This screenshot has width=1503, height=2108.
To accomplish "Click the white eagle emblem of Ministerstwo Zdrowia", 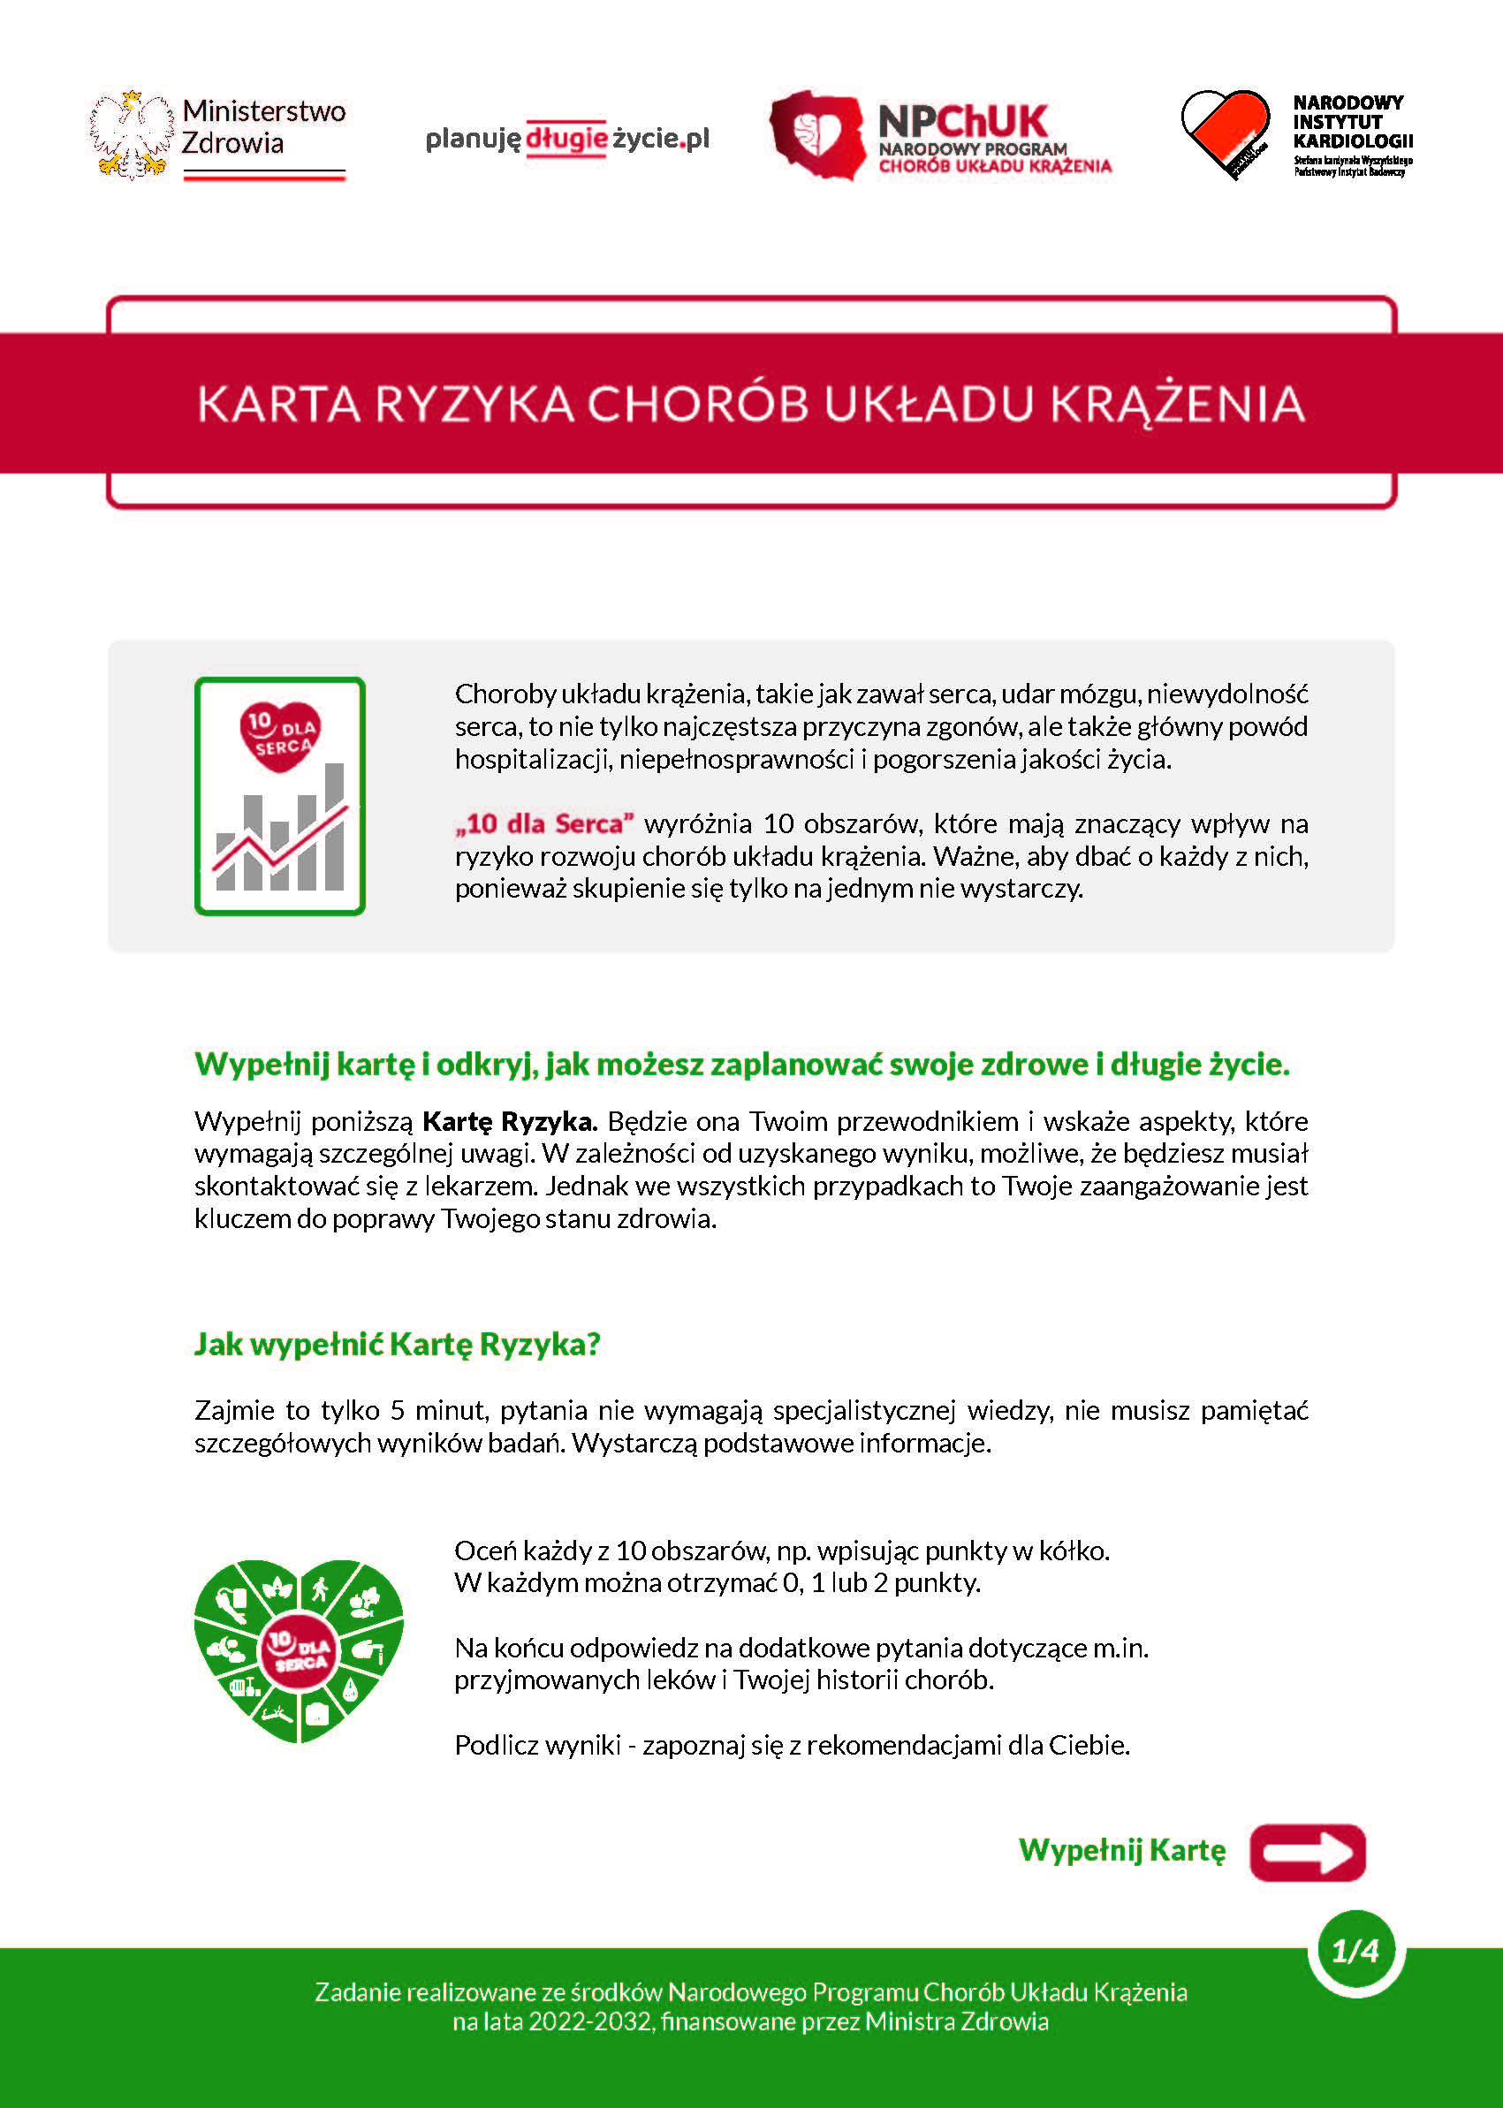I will (x=132, y=134).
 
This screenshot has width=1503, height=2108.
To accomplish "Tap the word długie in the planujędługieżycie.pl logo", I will (x=566, y=139).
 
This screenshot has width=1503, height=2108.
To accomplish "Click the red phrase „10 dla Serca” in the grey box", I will (x=544, y=823).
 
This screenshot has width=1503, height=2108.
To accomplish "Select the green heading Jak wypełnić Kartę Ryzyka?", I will (x=397, y=1344).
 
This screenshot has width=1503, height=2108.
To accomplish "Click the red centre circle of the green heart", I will (x=298, y=1653).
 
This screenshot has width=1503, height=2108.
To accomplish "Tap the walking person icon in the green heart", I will (x=320, y=1589).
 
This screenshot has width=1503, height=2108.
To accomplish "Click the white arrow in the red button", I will (x=1308, y=1853).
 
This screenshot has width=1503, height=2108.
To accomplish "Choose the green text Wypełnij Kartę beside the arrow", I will (x=1121, y=1850).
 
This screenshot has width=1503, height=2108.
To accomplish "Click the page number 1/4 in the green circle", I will (x=1355, y=1951).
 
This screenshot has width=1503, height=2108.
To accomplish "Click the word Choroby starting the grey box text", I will (x=505, y=694).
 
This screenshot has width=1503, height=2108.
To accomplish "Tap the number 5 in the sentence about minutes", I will (x=397, y=1410).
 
